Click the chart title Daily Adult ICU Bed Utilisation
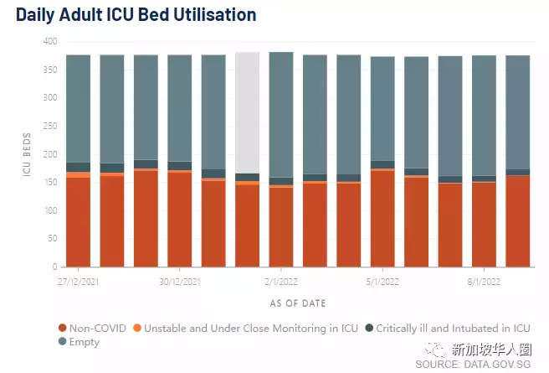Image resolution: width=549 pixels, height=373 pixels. tap(136, 15)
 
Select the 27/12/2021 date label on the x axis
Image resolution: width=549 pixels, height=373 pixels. tap(78, 282)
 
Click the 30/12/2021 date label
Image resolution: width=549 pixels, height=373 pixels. tap(179, 282)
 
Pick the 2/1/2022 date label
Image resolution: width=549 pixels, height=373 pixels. tap(281, 282)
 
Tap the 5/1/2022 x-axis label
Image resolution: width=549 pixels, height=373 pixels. tap(382, 282)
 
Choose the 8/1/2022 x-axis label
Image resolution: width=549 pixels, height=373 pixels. tap(484, 282)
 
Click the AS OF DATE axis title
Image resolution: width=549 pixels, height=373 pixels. tap(298, 303)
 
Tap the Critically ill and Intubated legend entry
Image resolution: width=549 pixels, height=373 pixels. tap(453, 329)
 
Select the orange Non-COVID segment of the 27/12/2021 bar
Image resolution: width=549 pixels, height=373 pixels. tap(78, 222)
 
